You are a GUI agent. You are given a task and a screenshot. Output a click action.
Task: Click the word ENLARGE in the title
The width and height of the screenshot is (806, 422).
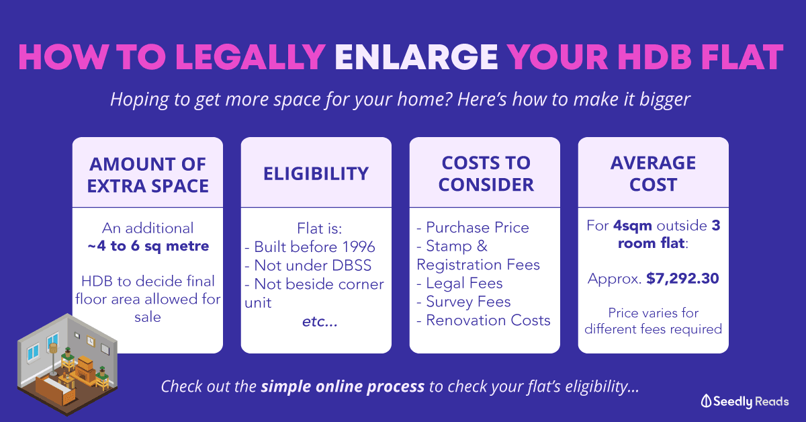416,57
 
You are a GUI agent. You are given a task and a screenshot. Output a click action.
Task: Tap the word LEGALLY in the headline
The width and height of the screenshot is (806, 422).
251,57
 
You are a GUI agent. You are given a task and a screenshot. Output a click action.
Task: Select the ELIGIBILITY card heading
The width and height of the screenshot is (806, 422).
316,173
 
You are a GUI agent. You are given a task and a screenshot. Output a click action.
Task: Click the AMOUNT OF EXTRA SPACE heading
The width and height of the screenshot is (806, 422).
148,175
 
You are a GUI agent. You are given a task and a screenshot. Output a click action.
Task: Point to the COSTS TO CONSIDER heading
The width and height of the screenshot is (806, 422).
486,174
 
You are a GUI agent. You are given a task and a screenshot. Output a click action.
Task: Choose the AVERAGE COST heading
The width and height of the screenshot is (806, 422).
653,174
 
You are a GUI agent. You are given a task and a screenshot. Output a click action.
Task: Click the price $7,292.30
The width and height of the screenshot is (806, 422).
682,279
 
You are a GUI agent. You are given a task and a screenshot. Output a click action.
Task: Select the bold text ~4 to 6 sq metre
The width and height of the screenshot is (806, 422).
148,247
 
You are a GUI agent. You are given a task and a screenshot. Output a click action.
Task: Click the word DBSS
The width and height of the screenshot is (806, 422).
351,265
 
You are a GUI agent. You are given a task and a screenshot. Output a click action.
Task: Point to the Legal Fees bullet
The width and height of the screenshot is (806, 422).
459,284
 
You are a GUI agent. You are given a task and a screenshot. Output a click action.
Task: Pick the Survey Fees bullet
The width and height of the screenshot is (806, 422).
463,302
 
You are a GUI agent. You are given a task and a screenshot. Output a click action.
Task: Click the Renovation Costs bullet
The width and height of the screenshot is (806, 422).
484,321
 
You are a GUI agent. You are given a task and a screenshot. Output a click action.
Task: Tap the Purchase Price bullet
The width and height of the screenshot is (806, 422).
473,228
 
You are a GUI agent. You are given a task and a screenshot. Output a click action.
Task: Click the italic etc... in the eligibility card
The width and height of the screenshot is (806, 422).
320,322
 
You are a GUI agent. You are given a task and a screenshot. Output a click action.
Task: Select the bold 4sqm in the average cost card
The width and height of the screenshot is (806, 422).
633,226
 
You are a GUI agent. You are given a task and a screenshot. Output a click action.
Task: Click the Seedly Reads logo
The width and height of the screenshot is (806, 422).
745,401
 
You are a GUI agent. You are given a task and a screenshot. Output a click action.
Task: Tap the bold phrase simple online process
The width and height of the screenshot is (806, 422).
343,386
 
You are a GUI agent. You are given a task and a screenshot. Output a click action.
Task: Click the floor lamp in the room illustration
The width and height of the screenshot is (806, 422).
53,360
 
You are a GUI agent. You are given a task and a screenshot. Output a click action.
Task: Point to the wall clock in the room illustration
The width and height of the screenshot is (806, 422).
91,341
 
